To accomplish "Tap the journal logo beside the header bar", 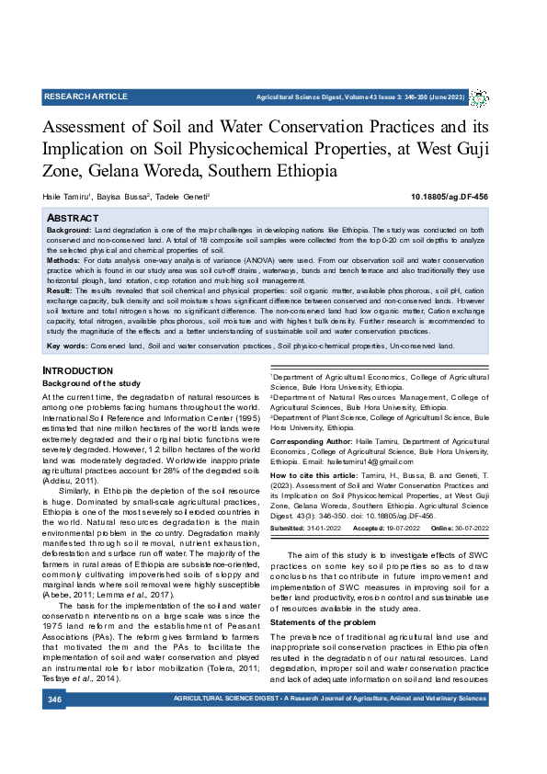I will coord(480,97).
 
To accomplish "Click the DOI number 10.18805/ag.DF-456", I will coord(450,197).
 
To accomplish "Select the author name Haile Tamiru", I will coord(66,197).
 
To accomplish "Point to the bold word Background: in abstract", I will coord(69,228).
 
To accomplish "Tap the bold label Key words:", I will coord(66,347).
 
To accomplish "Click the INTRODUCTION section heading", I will coord(78,370).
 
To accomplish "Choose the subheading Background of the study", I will coord(91,382).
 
